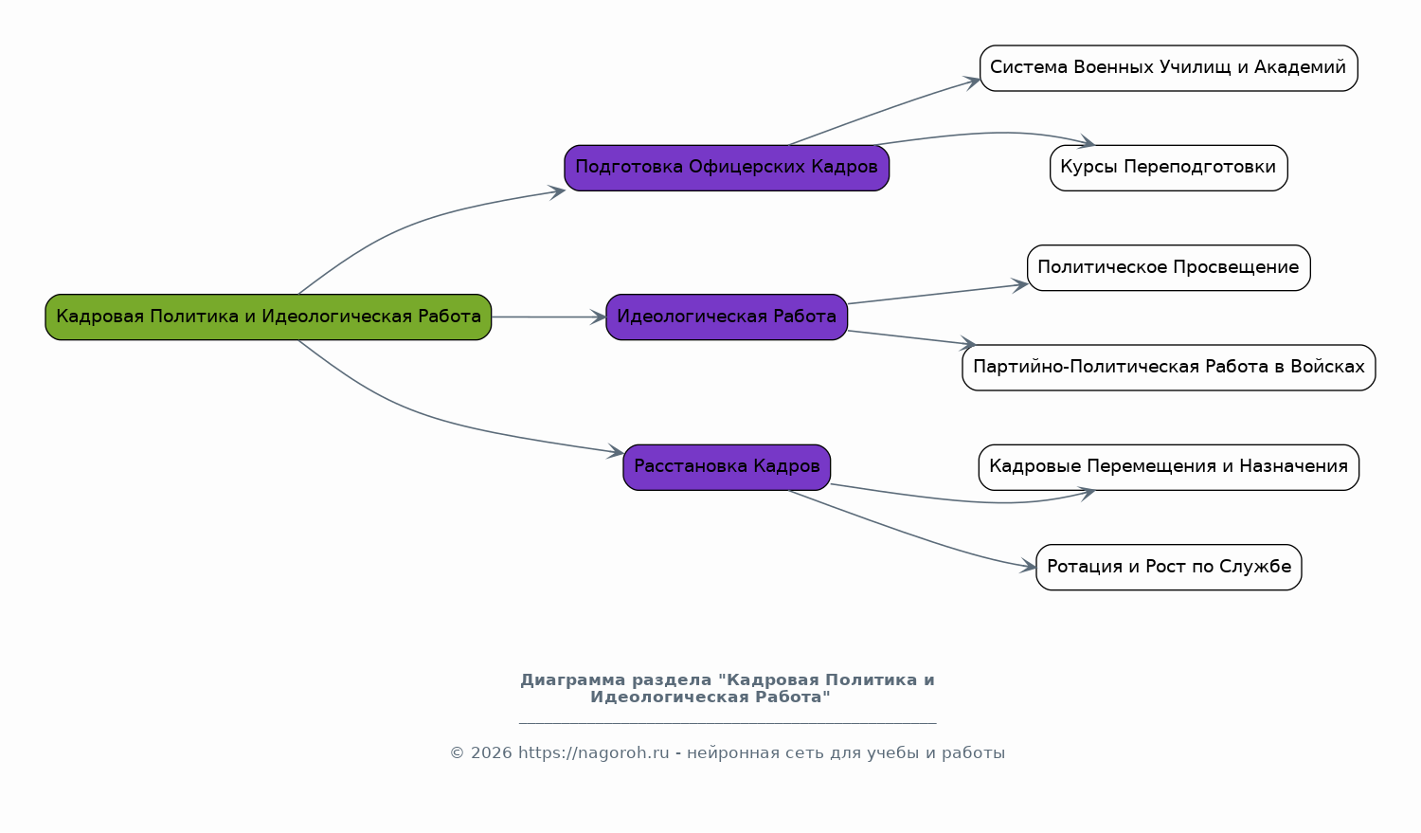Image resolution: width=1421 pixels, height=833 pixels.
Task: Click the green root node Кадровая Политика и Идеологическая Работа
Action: click(268, 317)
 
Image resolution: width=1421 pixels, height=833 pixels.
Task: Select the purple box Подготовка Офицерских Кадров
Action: click(727, 168)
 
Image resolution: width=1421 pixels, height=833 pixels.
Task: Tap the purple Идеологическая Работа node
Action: click(727, 317)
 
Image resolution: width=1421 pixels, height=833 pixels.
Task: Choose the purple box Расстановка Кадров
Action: click(727, 467)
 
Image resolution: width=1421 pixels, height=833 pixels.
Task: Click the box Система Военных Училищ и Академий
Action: click(1168, 68)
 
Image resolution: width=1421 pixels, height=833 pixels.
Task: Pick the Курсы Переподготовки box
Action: click(1168, 168)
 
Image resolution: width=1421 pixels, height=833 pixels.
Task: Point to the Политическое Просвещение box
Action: click(1168, 268)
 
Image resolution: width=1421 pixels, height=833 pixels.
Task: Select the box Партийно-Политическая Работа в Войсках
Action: click(1168, 368)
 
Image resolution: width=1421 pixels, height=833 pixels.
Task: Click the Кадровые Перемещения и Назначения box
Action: click(1168, 467)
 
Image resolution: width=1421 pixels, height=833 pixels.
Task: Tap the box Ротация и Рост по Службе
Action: click(1168, 567)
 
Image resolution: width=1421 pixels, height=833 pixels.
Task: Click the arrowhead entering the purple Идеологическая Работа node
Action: click(599, 317)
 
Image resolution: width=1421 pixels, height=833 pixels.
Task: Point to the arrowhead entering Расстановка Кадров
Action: click(616, 451)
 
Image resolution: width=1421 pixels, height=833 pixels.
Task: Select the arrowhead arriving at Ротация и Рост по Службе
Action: click(1028, 566)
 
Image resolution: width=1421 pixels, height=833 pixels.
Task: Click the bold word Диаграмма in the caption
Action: click(573, 680)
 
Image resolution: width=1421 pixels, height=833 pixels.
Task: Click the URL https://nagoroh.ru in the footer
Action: click(594, 753)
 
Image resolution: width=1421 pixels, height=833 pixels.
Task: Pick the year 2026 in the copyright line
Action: click(491, 753)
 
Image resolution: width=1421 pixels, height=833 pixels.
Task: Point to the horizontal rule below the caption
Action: click(728, 723)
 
